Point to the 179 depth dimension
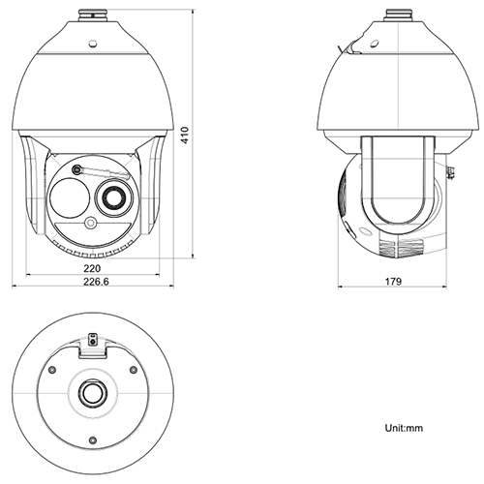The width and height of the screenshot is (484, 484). coord(392,282)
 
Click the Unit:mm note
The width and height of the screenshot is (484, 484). coord(404,426)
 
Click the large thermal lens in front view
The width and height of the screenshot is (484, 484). coord(68,198)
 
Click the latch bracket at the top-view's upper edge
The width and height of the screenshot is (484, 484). coord(93,341)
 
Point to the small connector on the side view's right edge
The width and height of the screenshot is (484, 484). coord(452,174)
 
